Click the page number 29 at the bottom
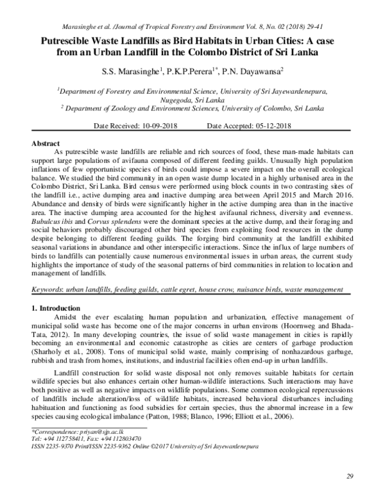coord(350,476)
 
